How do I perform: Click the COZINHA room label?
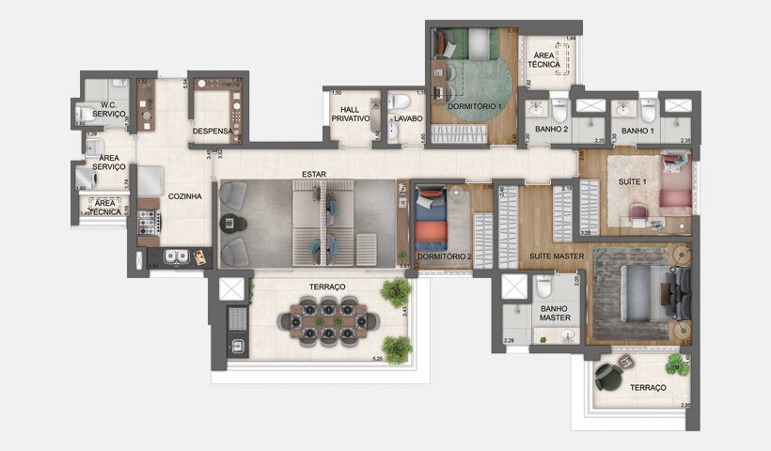pos(183,197)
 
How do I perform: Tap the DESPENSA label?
pos(212,131)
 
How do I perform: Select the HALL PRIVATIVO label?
pos(351,115)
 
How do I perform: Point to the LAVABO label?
pos(408,119)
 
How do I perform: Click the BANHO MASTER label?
pos(555,313)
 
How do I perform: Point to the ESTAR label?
pos(314,175)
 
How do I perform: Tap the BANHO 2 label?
pos(552,129)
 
